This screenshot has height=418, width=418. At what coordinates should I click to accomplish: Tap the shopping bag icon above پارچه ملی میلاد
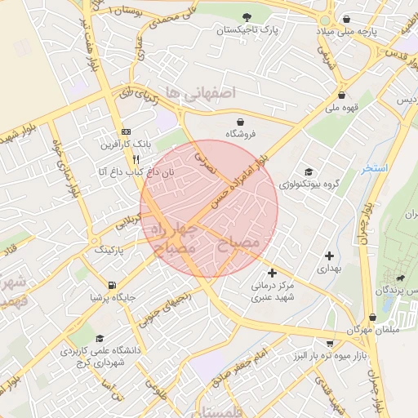pos(347,18)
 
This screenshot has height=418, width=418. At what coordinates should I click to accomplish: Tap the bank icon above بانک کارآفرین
pos(125,131)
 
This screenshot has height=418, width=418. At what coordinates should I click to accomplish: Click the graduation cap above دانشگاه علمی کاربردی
pos(99,338)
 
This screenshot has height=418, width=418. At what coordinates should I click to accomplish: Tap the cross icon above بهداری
pos(328,256)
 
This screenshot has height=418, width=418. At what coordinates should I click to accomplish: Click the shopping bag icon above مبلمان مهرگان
pos(373,316)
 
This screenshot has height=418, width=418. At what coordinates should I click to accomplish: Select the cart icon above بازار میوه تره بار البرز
pos(330,344)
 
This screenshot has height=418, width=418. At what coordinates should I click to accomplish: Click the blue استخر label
pos(376,168)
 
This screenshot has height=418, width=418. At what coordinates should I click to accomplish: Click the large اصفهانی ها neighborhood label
pos(200,93)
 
